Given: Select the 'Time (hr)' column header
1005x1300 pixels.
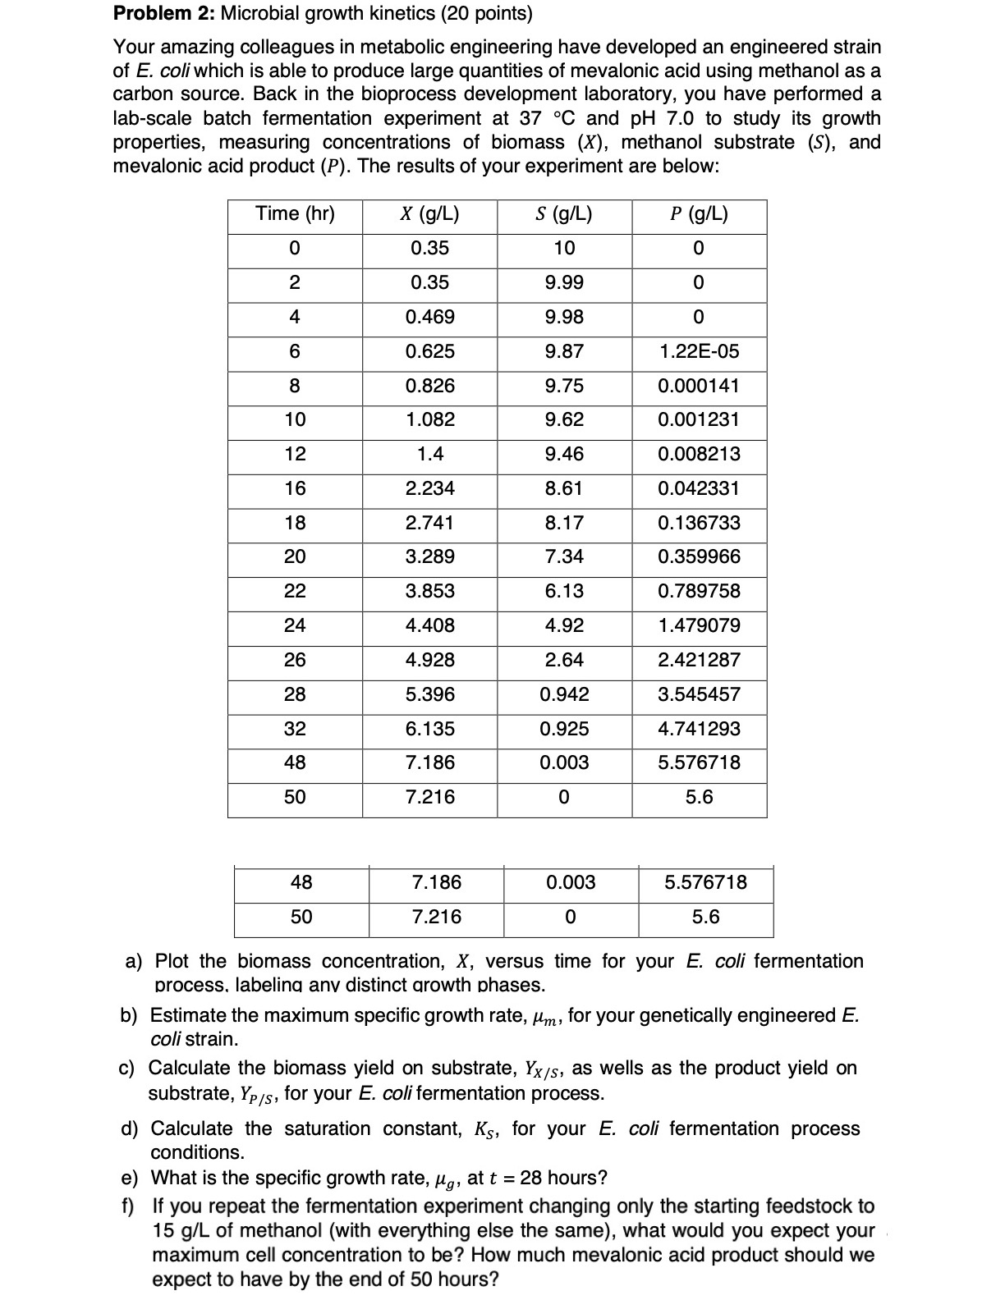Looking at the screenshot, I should click(x=295, y=214).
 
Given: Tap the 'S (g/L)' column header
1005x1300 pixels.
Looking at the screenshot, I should click(x=564, y=214).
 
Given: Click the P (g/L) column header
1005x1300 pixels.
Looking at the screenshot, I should click(x=699, y=214).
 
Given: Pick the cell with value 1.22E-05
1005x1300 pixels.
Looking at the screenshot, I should click(x=699, y=351).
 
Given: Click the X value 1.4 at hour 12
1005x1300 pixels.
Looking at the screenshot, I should click(x=429, y=454).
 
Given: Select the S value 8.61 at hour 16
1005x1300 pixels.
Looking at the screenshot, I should click(x=564, y=488).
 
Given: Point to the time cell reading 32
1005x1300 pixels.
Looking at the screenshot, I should click(x=295, y=729).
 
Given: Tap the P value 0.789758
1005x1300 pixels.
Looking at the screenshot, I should click(x=699, y=591).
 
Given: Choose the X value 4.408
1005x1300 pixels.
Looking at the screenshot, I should click(x=429, y=625).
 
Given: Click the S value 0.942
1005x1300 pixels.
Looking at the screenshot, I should click(x=564, y=694).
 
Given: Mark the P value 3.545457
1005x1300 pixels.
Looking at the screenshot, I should click(x=699, y=694).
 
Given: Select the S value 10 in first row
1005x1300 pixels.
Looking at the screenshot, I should click(x=564, y=249).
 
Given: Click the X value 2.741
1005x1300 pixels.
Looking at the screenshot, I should click(x=429, y=523).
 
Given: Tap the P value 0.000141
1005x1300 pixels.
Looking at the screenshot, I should click(x=699, y=386).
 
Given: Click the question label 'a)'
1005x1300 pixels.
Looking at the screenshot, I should click(x=134, y=961).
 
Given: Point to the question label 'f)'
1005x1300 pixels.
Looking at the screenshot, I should click(x=129, y=1206).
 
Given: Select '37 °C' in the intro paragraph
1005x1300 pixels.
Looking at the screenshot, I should click(x=548, y=118).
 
